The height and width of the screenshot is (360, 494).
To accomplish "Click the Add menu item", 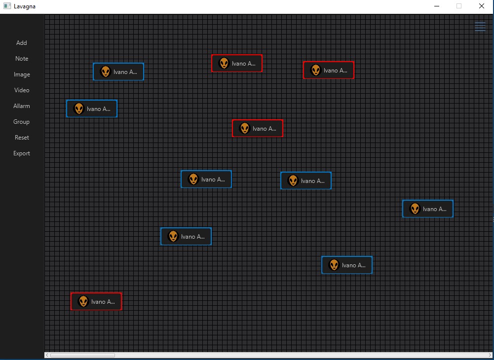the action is tap(21, 43).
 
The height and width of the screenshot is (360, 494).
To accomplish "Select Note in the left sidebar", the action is tap(22, 59).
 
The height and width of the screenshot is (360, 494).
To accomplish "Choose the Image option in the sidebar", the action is tap(22, 74).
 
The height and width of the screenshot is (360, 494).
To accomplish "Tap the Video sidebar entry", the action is tap(22, 90).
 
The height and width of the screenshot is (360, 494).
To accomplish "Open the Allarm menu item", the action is tap(21, 106).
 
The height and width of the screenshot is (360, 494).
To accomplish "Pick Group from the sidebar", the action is tap(21, 122).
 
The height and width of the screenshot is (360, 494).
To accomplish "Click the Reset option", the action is tap(22, 137).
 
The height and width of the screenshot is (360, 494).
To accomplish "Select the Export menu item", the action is tap(21, 153).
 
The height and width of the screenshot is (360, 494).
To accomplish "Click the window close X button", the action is tap(481, 6).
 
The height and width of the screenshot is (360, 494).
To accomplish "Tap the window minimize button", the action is tap(437, 6).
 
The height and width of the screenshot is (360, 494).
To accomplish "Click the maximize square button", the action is tap(459, 6).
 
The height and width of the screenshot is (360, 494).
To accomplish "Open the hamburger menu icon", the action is tap(480, 27).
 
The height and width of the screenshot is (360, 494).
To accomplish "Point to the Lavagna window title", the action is tap(25, 6).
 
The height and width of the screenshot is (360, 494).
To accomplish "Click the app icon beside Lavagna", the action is tap(7, 6).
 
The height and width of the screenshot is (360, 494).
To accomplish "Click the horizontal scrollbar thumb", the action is tap(82, 355).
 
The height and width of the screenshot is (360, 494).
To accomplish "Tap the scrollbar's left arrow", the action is tap(47, 355).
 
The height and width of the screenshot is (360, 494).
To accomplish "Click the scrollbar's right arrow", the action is tap(490, 355).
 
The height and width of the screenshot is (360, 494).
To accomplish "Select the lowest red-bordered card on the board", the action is tap(96, 301).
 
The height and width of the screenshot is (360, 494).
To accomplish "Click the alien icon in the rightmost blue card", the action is tap(415, 209).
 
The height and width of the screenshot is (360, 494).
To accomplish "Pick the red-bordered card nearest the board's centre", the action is tap(258, 128).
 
